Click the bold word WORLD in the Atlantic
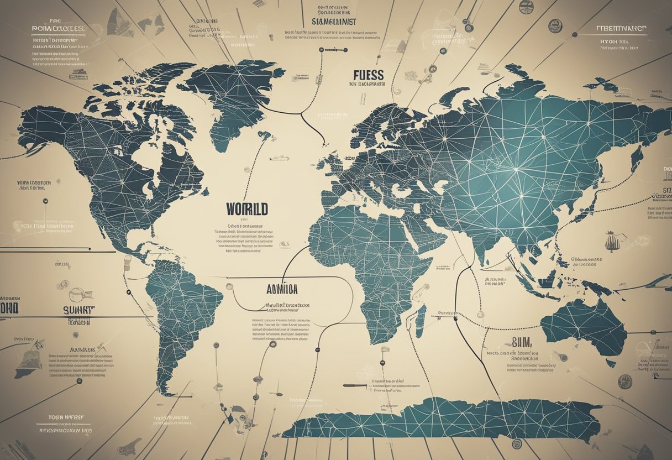click(247, 209)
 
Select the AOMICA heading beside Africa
click(282, 289)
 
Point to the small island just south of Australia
click(610, 363)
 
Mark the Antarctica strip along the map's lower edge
click(442, 419)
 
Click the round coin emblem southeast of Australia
click(625, 380)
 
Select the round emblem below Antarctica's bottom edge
click(517, 443)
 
